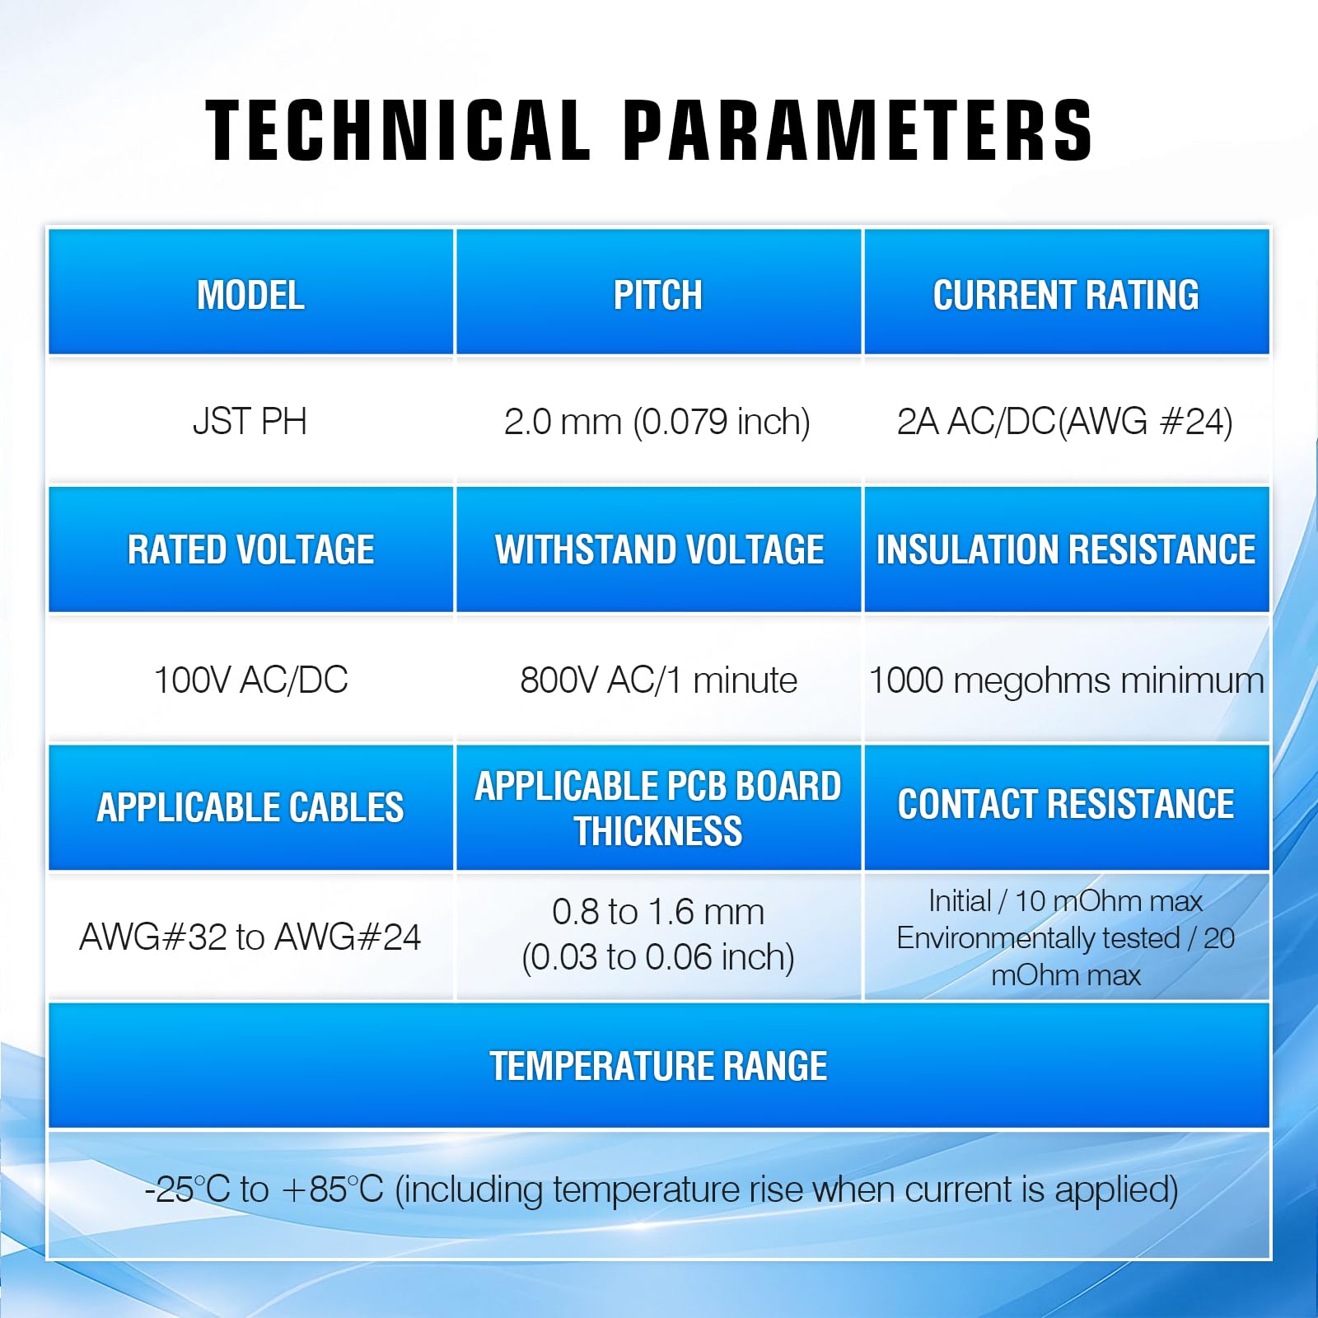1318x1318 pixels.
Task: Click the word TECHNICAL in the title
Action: pyautogui.click(x=399, y=129)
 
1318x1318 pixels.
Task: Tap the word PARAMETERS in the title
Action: pyautogui.click(x=858, y=129)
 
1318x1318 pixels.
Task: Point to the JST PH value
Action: pyautogui.click(x=250, y=422)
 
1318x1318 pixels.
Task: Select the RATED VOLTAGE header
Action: pyautogui.click(x=250, y=549)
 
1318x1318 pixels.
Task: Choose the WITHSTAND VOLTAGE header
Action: pyautogui.click(x=659, y=549)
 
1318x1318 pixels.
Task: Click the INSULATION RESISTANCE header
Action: pyautogui.click(x=1066, y=549)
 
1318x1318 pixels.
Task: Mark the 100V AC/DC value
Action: pyautogui.click(x=250, y=680)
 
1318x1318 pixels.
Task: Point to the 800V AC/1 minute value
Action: pyautogui.click(x=658, y=680)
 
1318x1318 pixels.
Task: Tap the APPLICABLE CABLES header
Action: pyautogui.click(x=250, y=807)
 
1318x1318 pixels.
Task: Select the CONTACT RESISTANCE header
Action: pyautogui.click(x=1066, y=804)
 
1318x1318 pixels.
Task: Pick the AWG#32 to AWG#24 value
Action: pyautogui.click(x=250, y=937)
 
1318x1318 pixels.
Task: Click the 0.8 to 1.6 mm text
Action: pyautogui.click(x=658, y=912)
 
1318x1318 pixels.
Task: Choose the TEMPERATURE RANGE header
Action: pyautogui.click(x=659, y=1066)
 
